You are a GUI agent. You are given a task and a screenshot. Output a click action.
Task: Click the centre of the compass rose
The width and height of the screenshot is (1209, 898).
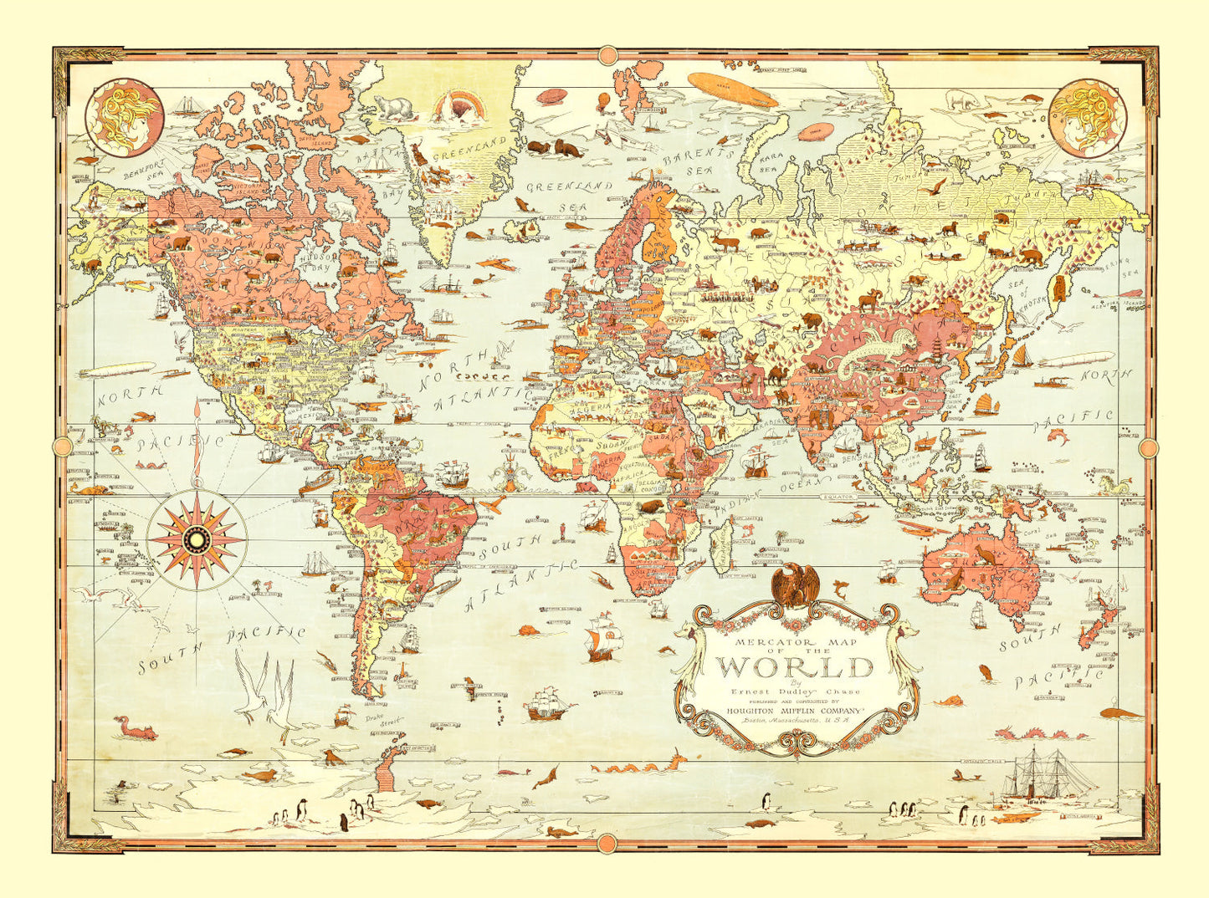point(196,539)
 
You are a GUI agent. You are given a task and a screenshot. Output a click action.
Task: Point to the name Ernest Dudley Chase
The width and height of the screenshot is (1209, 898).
point(795,691)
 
